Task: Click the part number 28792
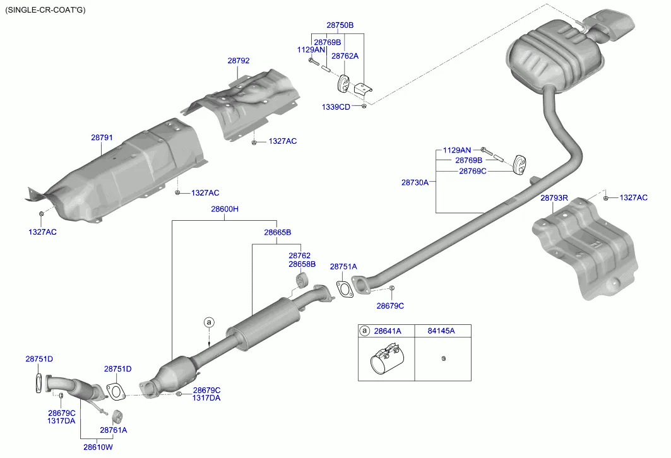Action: pyautogui.click(x=239, y=61)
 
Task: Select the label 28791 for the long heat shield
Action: pyautogui.click(x=102, y=137)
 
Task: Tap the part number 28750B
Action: pyautogui.click(x=340, y=25)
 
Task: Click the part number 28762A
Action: pyautogui.click(x=345, y=56)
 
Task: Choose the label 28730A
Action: pyautogui.click(x=415, y=182)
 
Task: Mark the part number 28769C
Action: pyautogui.click(x=472, y=171)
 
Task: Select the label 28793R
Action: pyautogui.click(x=554, y=198)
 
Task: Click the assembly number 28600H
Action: pyautogui.click(x=225, y=209)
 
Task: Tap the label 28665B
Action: pyautogui.click(x=277, y=232)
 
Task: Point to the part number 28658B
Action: pyautogui.click(x=302, y=264)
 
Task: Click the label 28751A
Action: pyautogui.click(x=343, y=267)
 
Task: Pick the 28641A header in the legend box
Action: pyautogui.click(x=387, y=331)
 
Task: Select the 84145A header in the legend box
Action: pyautogui.click(x=441, y=331)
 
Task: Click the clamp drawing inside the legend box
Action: pyautogui.click(x=385, y=359)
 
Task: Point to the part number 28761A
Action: pyautogui.click(x=113, y=430)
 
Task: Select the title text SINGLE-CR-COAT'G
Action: pyautogui.click(x=45, y=9)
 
